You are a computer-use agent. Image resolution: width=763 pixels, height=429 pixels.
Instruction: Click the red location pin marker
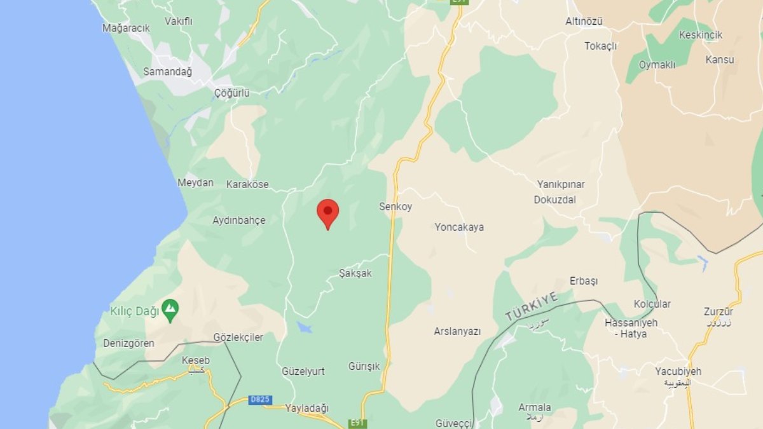coord(327,212)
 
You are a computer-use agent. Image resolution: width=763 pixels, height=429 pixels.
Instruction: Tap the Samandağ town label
coord(167,72)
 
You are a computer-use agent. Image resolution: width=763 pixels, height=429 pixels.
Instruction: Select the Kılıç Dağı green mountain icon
coord(170,310)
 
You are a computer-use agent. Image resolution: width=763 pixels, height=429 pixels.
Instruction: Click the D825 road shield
coord(259,400)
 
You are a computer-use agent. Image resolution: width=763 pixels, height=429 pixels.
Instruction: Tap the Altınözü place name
coord(584,22)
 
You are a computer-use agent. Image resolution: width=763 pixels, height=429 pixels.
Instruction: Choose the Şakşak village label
coord(355,273)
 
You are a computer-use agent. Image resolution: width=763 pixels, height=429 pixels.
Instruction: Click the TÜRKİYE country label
coord(531,306)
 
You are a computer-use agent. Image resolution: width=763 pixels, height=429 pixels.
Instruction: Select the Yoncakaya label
coord(459,227)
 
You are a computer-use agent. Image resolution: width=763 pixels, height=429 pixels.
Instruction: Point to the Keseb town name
coord(195,360)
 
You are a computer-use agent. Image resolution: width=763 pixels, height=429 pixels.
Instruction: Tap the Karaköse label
coord(247,184)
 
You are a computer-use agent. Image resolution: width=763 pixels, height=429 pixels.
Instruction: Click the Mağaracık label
coord(126,28)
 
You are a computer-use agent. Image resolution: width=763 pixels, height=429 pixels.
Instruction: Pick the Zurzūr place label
coord(718,311)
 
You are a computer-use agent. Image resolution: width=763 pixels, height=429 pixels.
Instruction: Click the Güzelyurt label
coord(303,371)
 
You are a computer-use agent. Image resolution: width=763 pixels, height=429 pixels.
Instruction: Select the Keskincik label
coord(701,35)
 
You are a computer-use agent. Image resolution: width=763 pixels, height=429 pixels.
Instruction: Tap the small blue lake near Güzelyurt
coord(305,327)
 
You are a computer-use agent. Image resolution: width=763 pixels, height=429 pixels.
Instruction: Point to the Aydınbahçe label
coord(239,221)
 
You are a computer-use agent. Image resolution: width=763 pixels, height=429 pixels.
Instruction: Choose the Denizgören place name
coord(128,343)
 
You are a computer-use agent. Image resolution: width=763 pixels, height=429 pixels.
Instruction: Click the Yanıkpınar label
coord(561,184)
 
